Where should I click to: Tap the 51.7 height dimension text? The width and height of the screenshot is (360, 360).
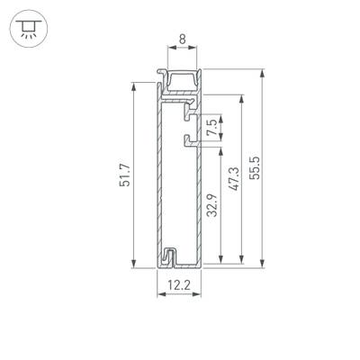coord(124,173)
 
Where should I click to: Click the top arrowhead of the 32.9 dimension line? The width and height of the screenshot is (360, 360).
coord(219,147)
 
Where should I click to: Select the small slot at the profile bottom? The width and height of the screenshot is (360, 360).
coord(168,256)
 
